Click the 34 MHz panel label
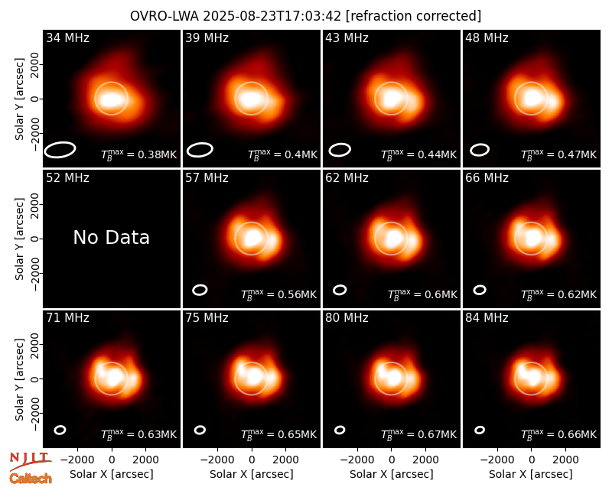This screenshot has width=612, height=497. pyautogui.click(x=67, y=37)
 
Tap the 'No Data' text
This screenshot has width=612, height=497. pyautogui.click(x=111, y=237)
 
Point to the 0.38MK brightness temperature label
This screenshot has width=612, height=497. pyautogui.click(x=138, y=154)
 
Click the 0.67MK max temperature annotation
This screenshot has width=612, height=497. pyautogui.click(x=418, y=434)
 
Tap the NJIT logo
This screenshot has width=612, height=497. pyautogui.click(x=30, y=460)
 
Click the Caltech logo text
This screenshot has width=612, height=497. pyautogui.click(x=31, y=479)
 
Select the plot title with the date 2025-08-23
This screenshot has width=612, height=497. pyautogui.click(x=305, y=16)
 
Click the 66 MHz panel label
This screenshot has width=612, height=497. pyautogui.click(x=487, y=178)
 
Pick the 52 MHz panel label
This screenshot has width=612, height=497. pyautogui.click(x=67, y=178)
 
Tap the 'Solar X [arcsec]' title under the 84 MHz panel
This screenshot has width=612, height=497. pyautogui.click(x=531, y=474)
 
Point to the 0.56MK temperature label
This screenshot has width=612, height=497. pyautogui.click(x=278, y=294)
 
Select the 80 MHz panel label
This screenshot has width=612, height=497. pyautogui.click(x=347, y=318)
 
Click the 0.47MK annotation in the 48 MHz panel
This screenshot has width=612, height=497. pyautogui.click(x=559, y=154)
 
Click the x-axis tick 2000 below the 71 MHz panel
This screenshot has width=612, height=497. pyautogui.click(x=145, y=460)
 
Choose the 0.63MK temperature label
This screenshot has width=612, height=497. pyautogui.click(x=138, y=434)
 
